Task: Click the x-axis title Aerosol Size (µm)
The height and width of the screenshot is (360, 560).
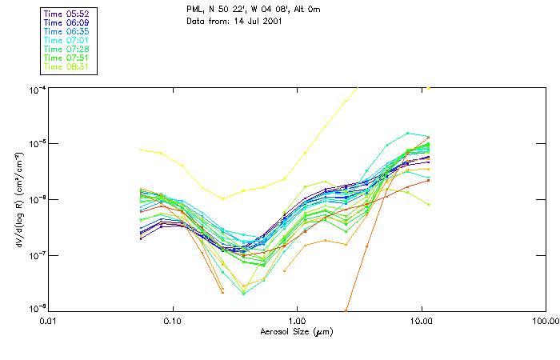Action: [296, 330]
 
